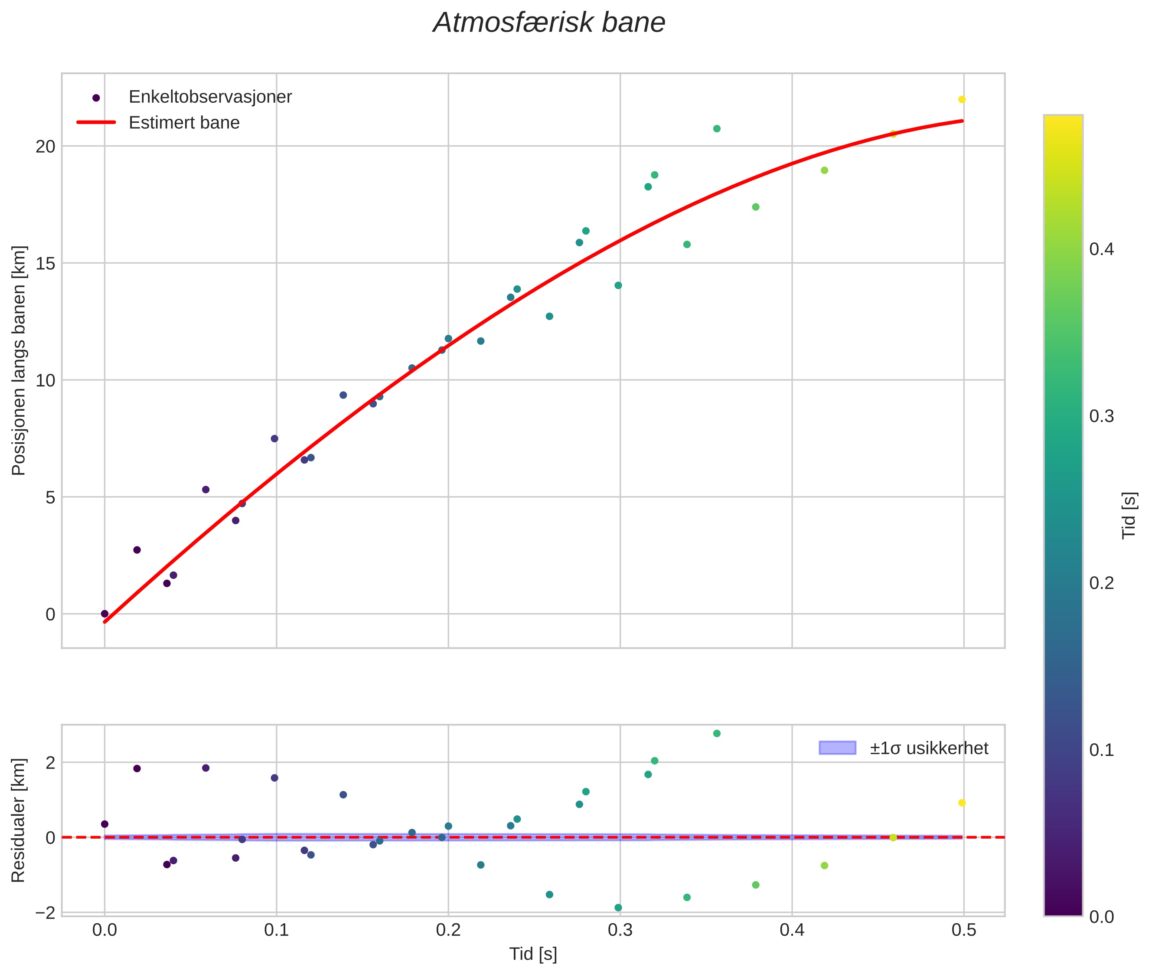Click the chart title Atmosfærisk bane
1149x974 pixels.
click(x=549, y=23)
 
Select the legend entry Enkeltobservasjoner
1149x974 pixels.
click(x=210, y=97)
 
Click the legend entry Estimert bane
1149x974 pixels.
click(x=184, y=123)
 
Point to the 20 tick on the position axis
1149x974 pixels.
click(x=46, y=146)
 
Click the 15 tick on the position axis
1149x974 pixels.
click(x=46, y=263)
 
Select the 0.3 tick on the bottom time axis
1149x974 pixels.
click(x=620, y=930)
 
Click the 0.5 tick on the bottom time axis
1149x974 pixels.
click(x=963, y=930)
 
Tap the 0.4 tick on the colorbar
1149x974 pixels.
click(x=1101, y=249)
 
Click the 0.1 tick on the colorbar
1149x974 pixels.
click(x=1101, y=750)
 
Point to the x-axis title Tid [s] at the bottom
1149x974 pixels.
click(x=533, y=954)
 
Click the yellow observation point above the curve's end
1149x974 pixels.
click(x=961, y=99)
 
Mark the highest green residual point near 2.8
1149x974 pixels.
click(x=717, y=733)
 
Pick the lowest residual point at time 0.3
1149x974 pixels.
click(x=618, y=908)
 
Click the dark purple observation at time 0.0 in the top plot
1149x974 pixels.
click(x=105, y=614)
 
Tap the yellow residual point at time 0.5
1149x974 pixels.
click(x=961, y=803)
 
